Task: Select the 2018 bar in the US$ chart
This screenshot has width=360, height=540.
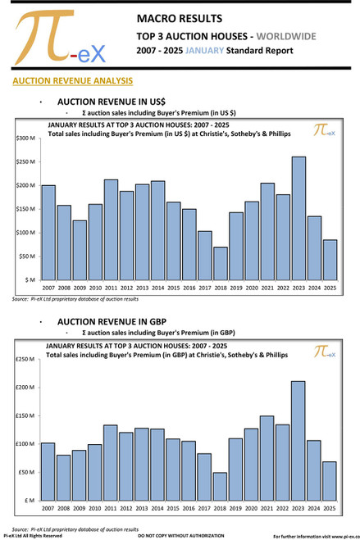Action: (221, 263)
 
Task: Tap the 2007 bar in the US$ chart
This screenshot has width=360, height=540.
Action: (48, 232)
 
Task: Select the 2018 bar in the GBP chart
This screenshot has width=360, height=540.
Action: (221, 486)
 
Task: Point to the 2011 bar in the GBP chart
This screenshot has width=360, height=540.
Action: (111, 462)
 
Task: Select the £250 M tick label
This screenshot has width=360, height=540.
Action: (25, 359)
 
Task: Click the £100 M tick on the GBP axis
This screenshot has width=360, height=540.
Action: (25, 444)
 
